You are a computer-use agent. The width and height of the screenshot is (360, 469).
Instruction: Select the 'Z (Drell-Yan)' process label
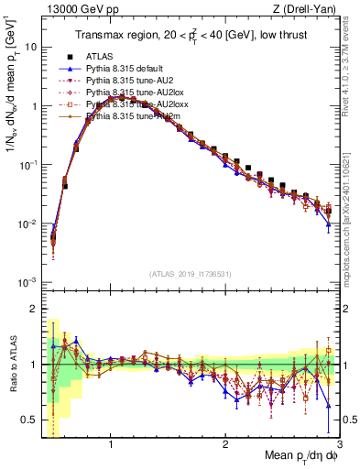pos(307,10)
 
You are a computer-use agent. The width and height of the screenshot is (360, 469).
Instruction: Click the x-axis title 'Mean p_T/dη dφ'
pos(295,455)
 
